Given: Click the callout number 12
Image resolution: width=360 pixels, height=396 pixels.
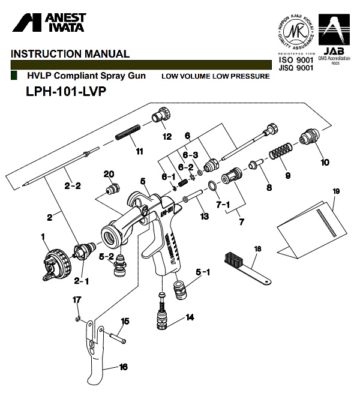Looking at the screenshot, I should pyautogui.click(x=167, y=136).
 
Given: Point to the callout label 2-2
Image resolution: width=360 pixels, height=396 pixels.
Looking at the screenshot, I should pyautogui.click(x=72, y=186).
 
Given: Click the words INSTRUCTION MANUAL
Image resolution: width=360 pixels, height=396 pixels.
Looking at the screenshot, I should pyautogui.click(x=70, y=53).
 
